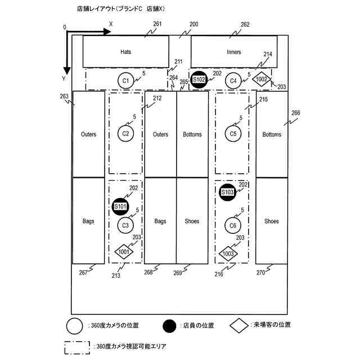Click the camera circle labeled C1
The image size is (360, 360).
pyautogui.click(x=126, y=81)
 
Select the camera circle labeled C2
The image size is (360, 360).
pyautogui.click(x=126, y=134)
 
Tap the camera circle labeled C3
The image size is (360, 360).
pyautogui.click(x=126, y=226)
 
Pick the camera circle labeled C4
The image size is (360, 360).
pyautogui.click(x=234, y=81)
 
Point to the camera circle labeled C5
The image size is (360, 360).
pyautogui.click(x=233, y=134)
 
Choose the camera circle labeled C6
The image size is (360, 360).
pyautogui.click(x=233, y=226)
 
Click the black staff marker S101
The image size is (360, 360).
pyautogui.click(x=120, y=206)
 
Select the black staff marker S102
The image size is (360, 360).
pyautogui.click(x=199, y=80)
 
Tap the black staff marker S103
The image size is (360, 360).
pyautogui.click(x=227, y=192)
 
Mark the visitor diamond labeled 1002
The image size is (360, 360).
pyautogui.click(x=261, y=79)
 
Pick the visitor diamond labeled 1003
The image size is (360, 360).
pyautogui.click(x=228, y=254)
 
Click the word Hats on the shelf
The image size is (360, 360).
pyautogui.click(x=126, y=52)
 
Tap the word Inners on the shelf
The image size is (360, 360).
pyautogui.click(x=234, y=52)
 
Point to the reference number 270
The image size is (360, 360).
pyautogui.click(x=260, y=273)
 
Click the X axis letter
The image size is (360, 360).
pyautogui.click(x=111, y=24)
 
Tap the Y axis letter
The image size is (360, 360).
pyautogui.click(x=64, y=79)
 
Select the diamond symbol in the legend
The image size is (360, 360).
pyautogui.click(x=240, y=325)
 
